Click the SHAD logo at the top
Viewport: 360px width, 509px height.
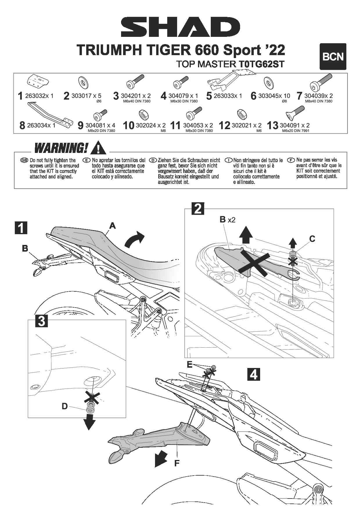[x=180, y=27]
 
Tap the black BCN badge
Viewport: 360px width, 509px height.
[x=333, y=57]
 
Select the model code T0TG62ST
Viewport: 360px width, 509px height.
[x=261, y=64]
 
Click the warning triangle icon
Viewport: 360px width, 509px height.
[x=98, y=148]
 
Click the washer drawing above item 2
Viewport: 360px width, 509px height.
[x=83, y=83]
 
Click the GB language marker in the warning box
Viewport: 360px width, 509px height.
[x=24, y=160]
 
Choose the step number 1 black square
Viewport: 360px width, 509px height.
[x=21, y=228]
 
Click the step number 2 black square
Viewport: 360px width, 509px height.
[x=198, y=209]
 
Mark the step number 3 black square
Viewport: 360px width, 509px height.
[x=42, y=321]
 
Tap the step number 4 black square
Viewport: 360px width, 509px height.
[x=253, y=374]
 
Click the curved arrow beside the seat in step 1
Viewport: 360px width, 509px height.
[x=134, y=240]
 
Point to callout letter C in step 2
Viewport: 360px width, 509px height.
[x=312, y=239]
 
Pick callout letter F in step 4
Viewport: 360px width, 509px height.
[x=177, y=463]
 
